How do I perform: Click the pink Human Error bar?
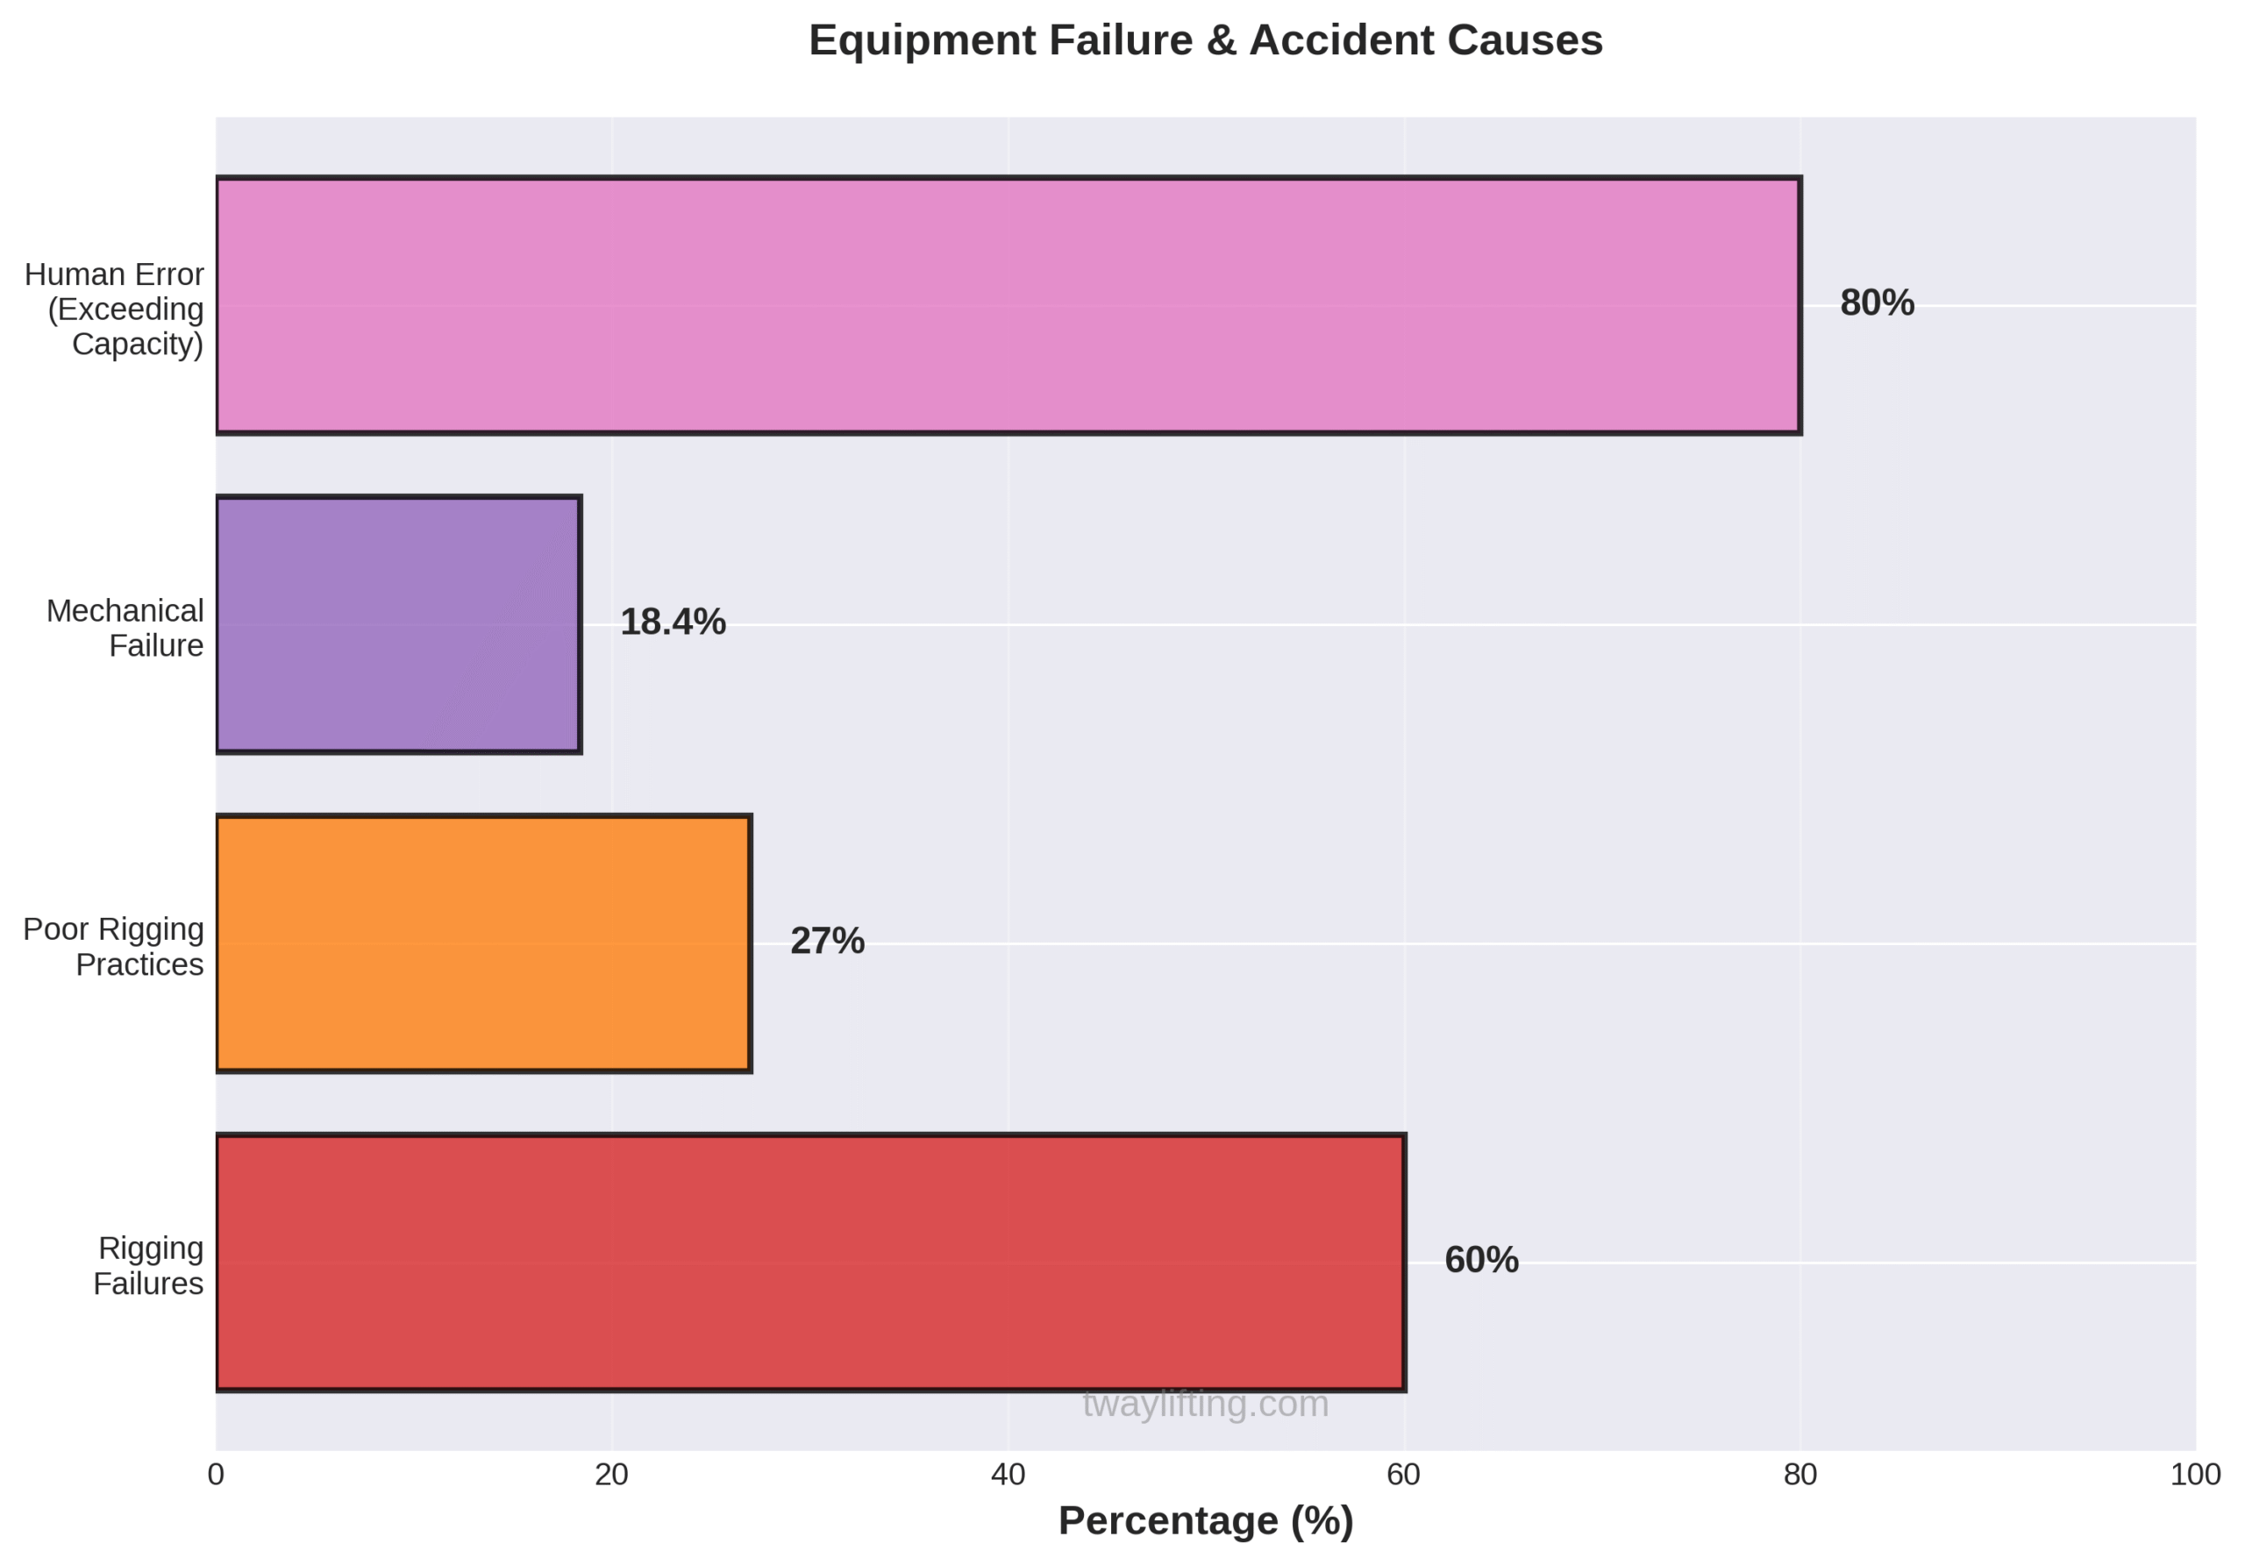pyautogui.click(x=1007, y=306)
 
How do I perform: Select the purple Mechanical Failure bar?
pyautogui.click(x=398, y=624)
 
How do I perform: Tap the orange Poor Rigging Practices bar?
pyautogui.click(x=483, y=943)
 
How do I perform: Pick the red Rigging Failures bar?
pyautogui.click(x=809, y=1262)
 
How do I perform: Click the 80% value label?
pyautogui.click(x=1877, y=304)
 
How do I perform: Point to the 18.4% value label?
pyautogui.click(x=673, y=622)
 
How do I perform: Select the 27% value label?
pyautogui.click(x=827, y=942)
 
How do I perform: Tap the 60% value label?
pyautogui.click(x=1481, y=1260)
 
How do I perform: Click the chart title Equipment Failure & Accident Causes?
pyautogui.click(x=1206, y=41)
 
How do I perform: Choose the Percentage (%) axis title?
pyautogui.click(x=1206, y=1521)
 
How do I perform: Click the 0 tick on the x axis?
pyautogui.click(x=216, y=1475)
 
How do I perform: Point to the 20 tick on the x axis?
pyautogui.click(x=612, y=1475)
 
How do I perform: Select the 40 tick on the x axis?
pyautogui.click(x=1008, y=1475)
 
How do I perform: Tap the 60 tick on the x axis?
pyautogui.click(x=1404, y=1475)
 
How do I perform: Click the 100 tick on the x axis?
pyautogui.click(x=2195, y=1475)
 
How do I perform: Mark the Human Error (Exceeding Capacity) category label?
pyautogui.click(x=116, y=309)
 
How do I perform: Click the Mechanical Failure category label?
pyautogui.click(x=125, y=628)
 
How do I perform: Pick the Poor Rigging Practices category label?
pyautogui.click(x=113, y=946)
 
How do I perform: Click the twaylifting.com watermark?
pyautogui.click(x=1206, y=1405)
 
